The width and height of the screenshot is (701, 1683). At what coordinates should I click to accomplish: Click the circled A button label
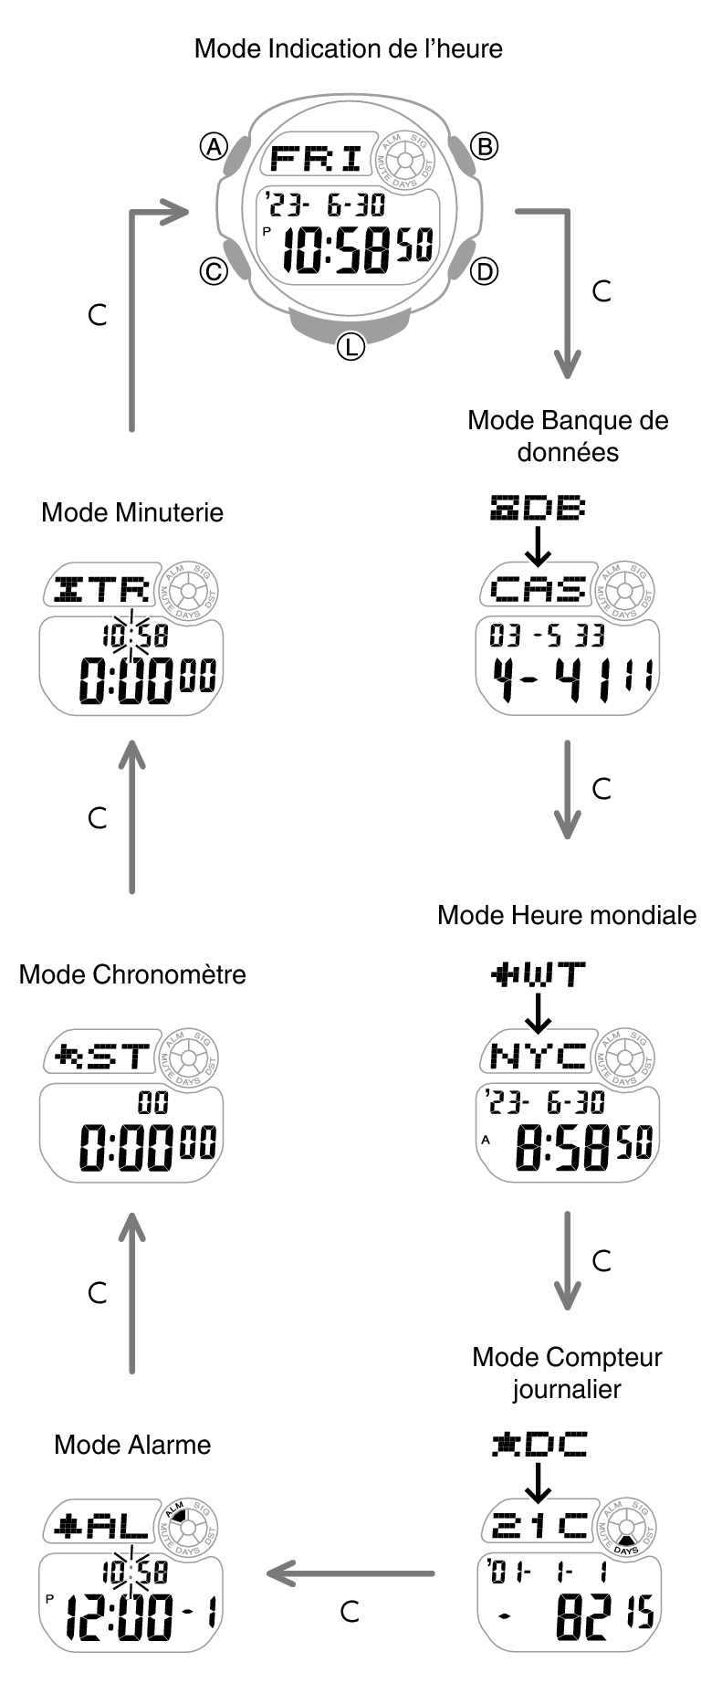click(214, 146)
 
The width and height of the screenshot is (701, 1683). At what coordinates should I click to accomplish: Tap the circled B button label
click(485, 146)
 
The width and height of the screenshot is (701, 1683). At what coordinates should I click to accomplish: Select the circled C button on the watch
click(214, 271)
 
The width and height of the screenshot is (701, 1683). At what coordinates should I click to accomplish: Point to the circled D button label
click(485, 271)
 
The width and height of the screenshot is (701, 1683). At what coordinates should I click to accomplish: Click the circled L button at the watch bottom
click(350, 346)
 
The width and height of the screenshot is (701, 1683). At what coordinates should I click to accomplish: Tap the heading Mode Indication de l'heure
click(349, 48)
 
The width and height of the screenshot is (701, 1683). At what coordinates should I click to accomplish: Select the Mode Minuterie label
click(132, 511)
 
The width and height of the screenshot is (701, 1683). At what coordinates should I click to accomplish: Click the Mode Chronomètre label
click(132, 974)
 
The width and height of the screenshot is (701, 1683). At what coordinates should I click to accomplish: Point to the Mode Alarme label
click(132, 1444)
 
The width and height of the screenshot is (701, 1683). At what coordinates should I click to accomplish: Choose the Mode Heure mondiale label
click(567, 915)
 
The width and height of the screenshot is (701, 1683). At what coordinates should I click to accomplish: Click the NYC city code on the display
click(539, 1057)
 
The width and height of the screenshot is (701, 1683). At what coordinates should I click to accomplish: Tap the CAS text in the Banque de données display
click(539, 589)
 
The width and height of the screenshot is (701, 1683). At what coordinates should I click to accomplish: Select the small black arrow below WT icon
click(539, 1012)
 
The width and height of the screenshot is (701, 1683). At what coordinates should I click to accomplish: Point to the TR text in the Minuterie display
click(119, 589)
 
